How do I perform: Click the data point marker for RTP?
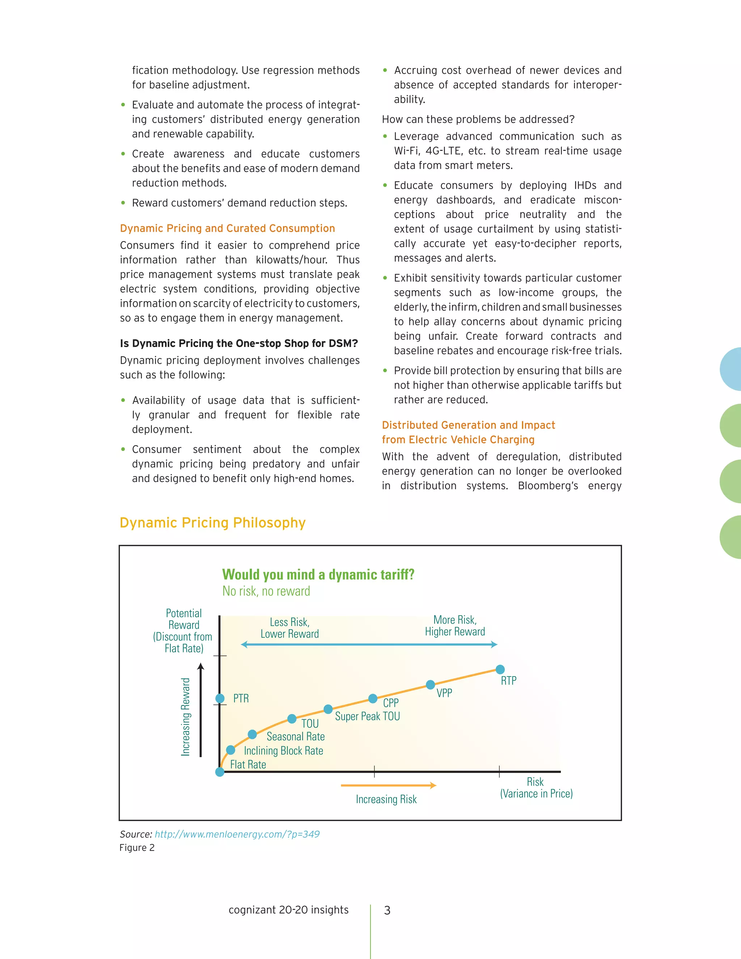(500, 669)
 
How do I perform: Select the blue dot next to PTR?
(220, 698)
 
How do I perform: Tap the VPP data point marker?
(431, 685)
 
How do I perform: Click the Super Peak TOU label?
(368, 716)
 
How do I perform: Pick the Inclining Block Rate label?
(284, 751)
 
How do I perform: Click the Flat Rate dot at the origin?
(220, 772)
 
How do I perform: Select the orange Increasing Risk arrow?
(389, 785)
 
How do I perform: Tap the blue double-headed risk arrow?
(369, 645)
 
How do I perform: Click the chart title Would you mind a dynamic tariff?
(318, 574)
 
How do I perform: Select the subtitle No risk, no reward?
(266, 591)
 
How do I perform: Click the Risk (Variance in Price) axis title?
(536, 788)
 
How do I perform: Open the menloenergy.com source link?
(237, 834)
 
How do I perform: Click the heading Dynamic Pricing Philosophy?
(212, 523)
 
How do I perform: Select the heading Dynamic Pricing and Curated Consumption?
(227, 228)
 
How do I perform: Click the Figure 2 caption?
(137, 848)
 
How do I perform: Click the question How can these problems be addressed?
(478, 119)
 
